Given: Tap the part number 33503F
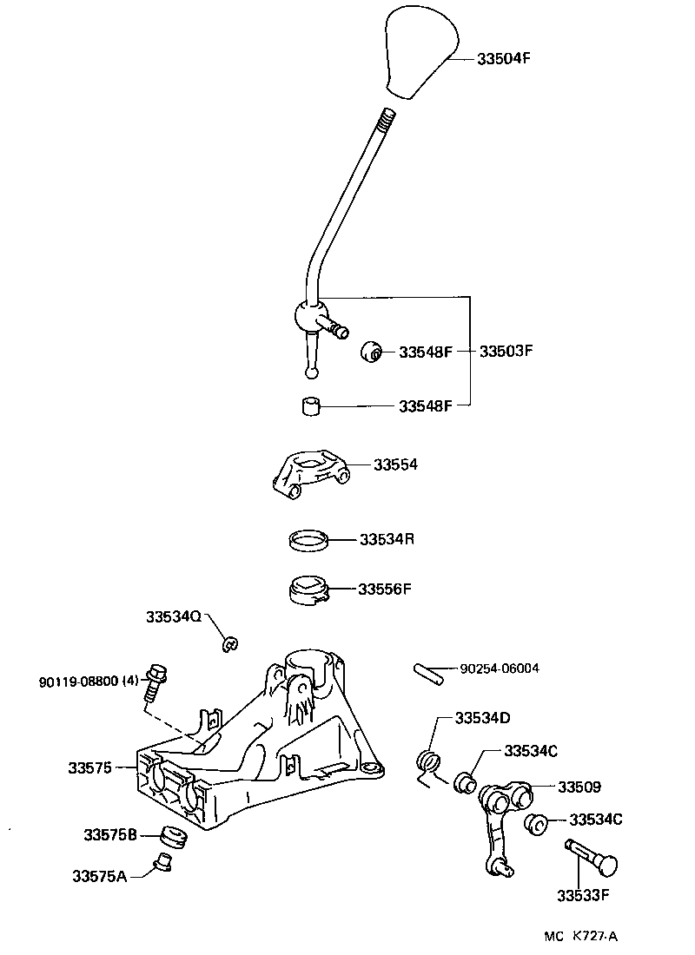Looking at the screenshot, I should point(506,352).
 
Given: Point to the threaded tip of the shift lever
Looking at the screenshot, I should point(386,116).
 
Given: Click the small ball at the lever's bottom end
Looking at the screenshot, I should point(312,373).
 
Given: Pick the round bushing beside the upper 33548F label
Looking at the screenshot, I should point(372,351).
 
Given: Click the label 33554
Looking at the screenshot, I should point(395,464).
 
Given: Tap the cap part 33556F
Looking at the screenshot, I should point(308,589).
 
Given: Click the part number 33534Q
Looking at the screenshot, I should point(173,616).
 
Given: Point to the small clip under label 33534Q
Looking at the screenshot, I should point(230,643).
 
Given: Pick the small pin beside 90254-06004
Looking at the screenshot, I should point(429,673).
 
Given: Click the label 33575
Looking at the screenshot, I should point(89,767).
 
